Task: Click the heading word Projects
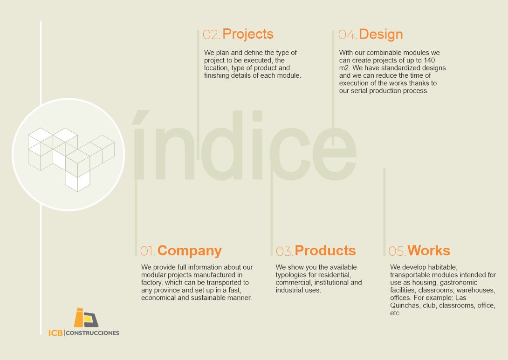[248, 34]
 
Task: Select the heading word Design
[381, 34]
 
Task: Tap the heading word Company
[190, 251]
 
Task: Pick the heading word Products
[325, 251]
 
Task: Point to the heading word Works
[429, 251]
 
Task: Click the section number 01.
[147, 251]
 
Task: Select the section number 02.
[212, 35]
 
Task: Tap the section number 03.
[284, 251]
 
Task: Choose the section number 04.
[348, 35]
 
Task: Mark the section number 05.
[397, 251]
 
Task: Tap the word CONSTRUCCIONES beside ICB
[92, 333]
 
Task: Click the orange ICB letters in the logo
[55, 333]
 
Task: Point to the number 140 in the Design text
[429, 60]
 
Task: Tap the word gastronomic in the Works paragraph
[459, 283]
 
